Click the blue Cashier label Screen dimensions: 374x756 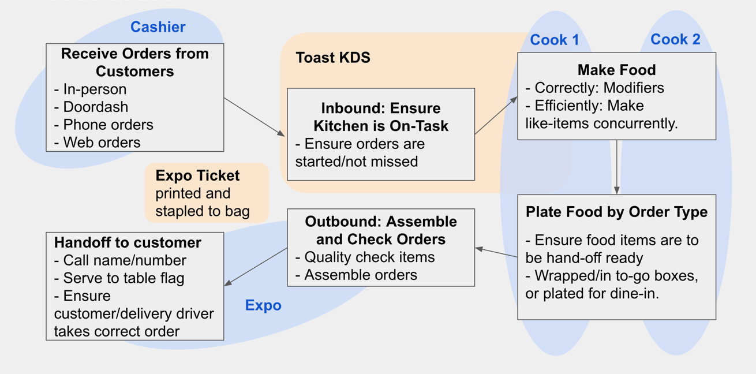pos(158,27)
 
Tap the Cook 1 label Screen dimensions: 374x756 pos(554,40)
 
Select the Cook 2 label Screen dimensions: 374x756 pos(675,39)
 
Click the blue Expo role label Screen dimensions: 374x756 pos(263,305)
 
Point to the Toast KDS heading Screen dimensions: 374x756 pos(333,58)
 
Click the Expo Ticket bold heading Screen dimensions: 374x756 pos(197,175)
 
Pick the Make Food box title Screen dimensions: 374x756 pos(616,70)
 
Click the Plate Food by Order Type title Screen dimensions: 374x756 pos(616,212)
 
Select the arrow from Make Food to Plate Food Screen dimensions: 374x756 pos(617,167)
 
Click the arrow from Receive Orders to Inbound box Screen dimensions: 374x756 pos(255,117)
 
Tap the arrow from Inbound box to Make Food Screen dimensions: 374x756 pos(496,115)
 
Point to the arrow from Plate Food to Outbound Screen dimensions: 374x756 pos(496,253)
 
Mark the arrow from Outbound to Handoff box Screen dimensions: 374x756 pos(256,267)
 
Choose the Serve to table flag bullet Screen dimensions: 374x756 pos(119,278)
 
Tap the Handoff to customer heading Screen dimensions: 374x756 pos(128,242)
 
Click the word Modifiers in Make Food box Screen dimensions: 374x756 pos(634,88)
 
